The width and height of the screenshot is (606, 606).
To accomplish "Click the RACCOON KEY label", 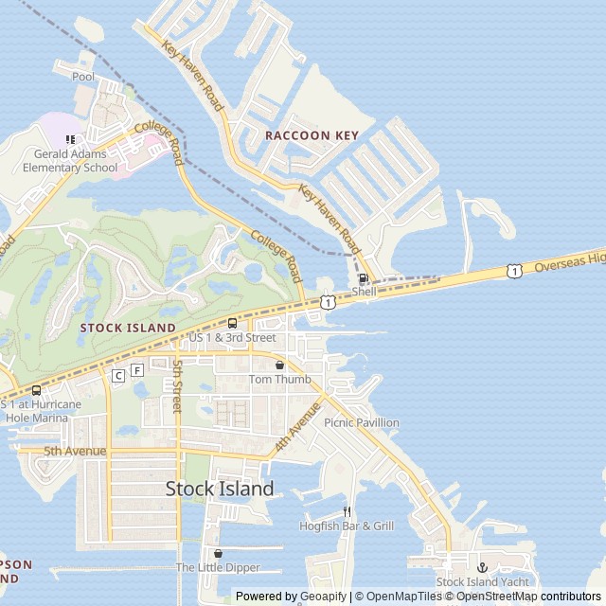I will point(312,135).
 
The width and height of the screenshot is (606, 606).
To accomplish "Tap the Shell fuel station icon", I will point(365,278).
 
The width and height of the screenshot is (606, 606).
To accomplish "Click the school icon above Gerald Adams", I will point(69,140).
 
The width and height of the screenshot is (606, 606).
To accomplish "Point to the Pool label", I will point(83,76).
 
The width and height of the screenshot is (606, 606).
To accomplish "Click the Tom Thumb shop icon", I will point(279,365).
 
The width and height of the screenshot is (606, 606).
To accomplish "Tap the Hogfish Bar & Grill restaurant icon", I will point(347,511).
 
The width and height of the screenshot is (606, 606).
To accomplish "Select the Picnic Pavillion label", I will point(361,422).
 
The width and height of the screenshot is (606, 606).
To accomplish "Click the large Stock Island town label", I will point(220,489).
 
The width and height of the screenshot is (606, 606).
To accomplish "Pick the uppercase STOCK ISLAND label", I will point(128,328).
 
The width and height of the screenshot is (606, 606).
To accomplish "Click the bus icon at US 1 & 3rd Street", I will point(232,322).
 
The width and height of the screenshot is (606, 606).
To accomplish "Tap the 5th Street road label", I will point(176,385).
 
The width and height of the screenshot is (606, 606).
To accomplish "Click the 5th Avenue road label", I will point(75,451).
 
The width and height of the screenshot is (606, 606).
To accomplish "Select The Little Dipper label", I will point(217,567).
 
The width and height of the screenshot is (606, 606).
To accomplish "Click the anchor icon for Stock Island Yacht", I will point(481,566).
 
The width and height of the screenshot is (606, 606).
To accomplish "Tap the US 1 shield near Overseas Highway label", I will point(512,271).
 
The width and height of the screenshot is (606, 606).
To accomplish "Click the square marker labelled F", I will point(138,369).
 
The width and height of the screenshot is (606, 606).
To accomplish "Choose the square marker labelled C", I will point(118,376).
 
